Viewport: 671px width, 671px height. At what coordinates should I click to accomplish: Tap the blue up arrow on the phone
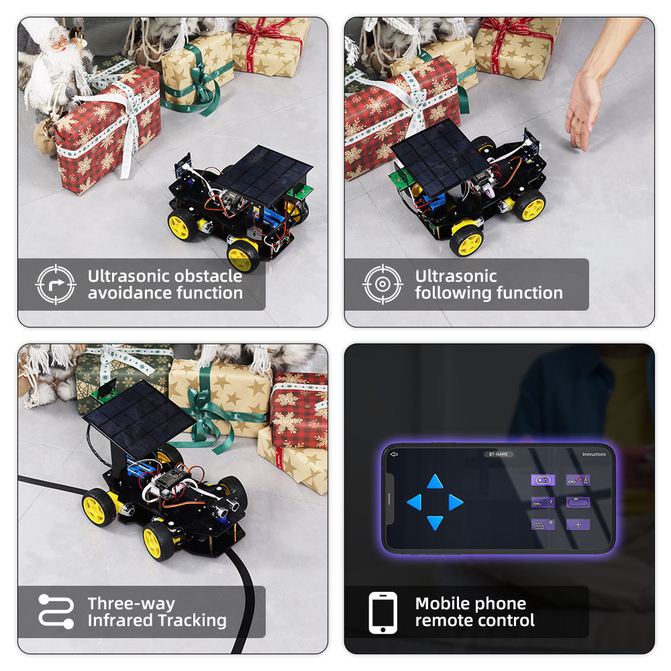click(x=435, y=481)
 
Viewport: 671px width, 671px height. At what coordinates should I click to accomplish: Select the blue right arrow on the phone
click(x=456, y=502)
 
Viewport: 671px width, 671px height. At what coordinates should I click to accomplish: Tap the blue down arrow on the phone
click(x=435, y=523)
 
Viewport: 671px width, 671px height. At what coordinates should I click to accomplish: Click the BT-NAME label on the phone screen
click(x=498, y=454)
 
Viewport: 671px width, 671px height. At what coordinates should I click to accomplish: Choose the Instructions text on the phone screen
click(x=594, y=454)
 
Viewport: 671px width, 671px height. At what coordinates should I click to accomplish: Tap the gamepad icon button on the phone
click(x=543, y=480)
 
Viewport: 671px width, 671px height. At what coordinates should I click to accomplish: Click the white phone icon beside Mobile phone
click(x=383, y=613)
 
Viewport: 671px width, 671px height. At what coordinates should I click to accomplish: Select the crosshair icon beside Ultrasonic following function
click(x=382, y=284)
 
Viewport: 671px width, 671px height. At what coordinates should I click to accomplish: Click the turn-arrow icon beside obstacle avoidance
click(x=56, y=284)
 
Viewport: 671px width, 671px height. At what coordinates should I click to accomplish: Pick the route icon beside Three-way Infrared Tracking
click(x=56, y=611)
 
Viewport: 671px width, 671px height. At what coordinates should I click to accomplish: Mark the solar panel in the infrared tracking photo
click(x=139, y=420)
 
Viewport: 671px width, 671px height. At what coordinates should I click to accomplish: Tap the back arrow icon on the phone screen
click(x=394, y=454)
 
